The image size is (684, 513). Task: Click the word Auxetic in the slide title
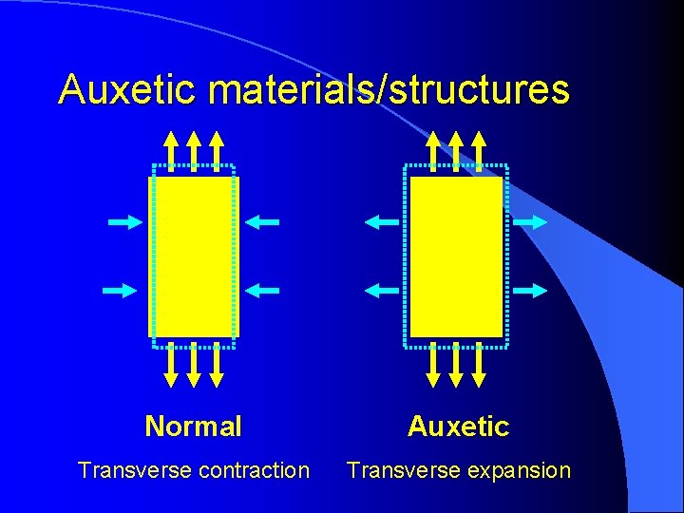point(128,90)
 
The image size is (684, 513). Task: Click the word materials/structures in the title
point(389,90)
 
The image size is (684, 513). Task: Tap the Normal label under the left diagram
point(193,427)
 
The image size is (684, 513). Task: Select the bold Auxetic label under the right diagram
point(458,427)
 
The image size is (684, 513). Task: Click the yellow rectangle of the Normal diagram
point(194,256)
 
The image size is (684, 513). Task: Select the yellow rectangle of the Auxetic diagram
point(455,256)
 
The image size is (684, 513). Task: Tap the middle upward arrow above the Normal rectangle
point(194,150)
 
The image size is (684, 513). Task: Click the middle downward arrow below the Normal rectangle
point(194,365)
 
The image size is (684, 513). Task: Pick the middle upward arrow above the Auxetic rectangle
point(456,150)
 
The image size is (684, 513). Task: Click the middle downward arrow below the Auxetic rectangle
point(456,365)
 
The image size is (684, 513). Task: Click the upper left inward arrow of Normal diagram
point(124,222)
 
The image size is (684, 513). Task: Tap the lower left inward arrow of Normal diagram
point(121,290)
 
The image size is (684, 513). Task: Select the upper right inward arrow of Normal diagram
point(262,222)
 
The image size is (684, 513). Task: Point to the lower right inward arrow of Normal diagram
point(262,290)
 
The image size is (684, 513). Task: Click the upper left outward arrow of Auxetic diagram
point(383,222)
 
